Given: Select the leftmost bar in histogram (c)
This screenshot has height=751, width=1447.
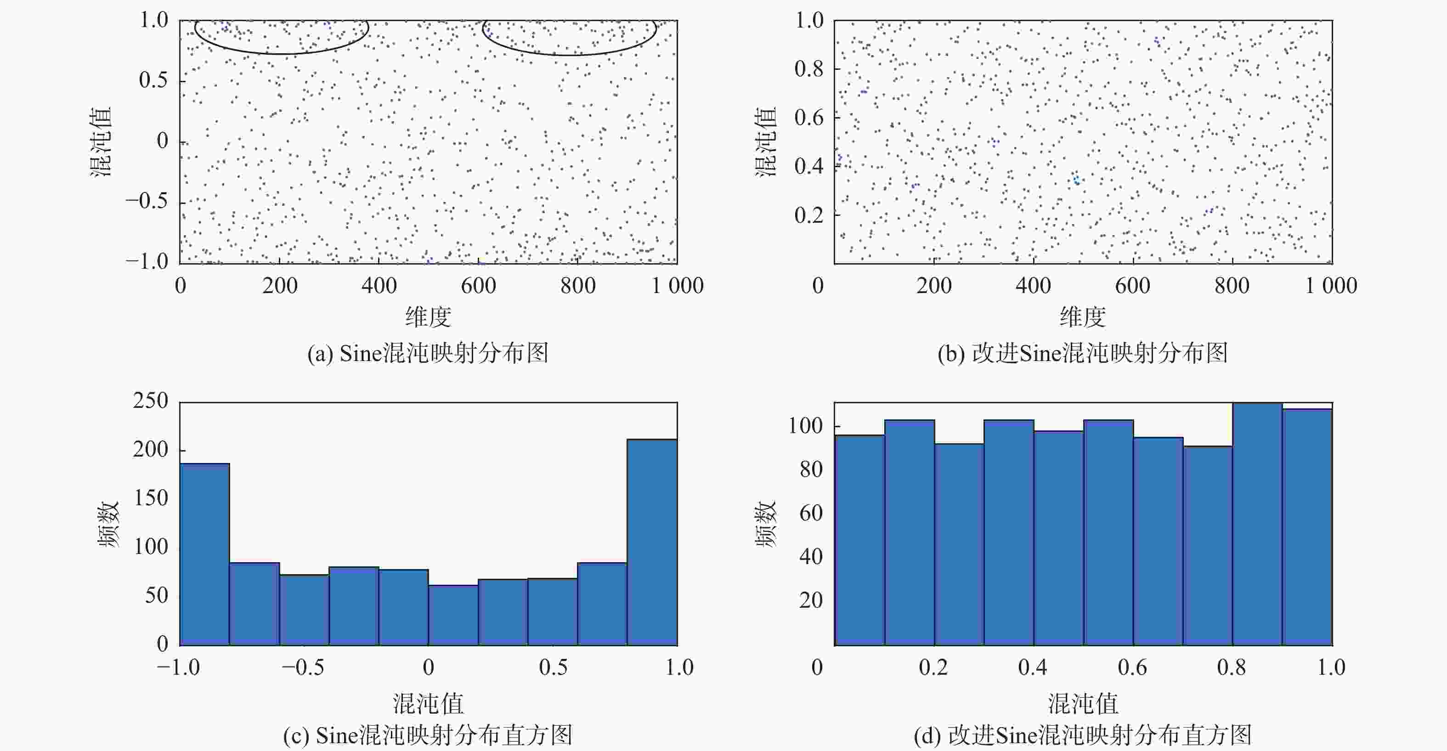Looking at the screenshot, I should tap(204, 554).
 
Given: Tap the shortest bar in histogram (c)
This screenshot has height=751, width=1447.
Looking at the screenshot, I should tap(453, 615).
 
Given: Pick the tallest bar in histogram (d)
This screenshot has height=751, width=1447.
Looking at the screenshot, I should tap(1257, 524).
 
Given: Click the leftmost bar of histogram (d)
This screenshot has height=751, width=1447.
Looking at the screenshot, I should tap(859, 540).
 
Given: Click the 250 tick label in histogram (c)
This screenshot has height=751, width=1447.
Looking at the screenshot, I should tap(151, 401).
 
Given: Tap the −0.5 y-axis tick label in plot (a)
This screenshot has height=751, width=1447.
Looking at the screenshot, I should tap(147, 201).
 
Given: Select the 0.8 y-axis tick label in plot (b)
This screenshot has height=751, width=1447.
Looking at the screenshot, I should tap(808, 68).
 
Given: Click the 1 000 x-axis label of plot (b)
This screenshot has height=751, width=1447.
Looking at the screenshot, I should tap(1330, 286).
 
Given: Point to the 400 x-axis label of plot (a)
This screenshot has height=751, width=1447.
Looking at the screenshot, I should tap(379, 286).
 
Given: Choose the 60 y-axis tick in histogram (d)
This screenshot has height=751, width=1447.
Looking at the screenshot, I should tap(811, 513).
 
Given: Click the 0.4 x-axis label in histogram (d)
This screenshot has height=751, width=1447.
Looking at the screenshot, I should tap(1033, 667).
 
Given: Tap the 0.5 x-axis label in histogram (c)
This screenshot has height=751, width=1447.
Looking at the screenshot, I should tap(553, 667).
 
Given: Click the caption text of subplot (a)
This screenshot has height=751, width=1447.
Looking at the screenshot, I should tap(428, 353).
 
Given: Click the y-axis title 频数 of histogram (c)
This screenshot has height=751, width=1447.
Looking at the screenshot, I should tap(108, 524).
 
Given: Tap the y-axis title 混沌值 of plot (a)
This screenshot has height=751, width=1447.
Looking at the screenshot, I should tap(101, 141).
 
